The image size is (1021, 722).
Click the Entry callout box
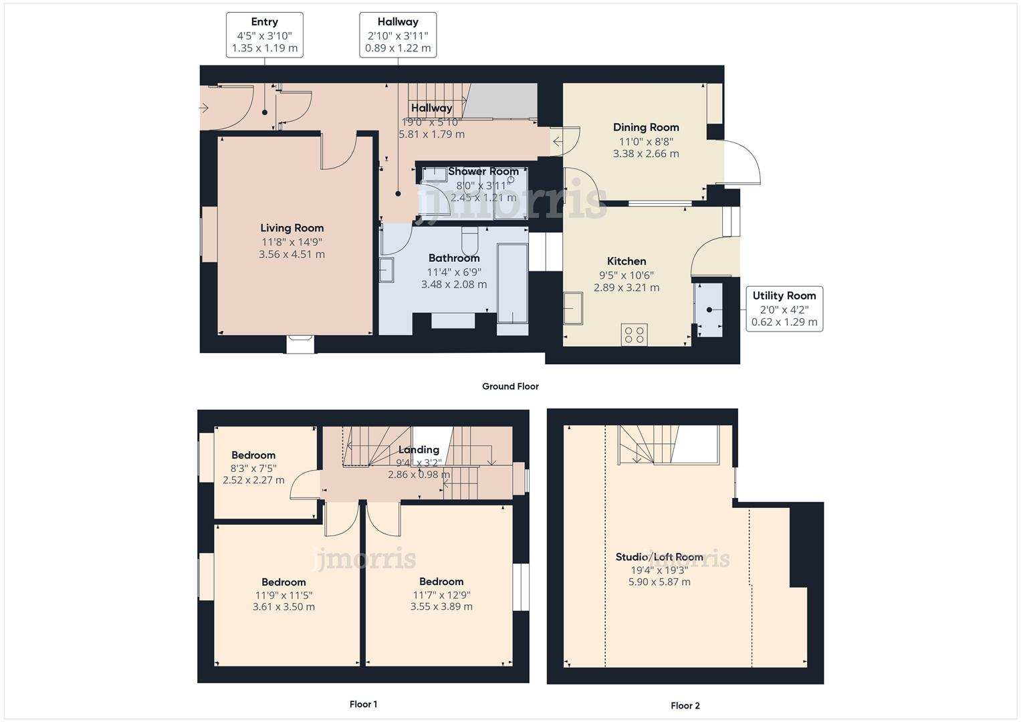264,35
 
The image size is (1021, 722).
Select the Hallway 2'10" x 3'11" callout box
398,35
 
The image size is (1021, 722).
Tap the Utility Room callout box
784,309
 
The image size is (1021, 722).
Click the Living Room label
292,228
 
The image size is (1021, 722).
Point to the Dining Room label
646,127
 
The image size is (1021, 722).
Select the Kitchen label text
627,261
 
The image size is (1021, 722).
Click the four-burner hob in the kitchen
634,335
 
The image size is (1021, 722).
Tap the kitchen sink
573,308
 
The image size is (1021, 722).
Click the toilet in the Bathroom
470,239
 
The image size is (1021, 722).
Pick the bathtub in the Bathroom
512,284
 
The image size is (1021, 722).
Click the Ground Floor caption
510,386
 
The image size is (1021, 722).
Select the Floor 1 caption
363,704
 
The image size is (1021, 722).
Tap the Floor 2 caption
685,705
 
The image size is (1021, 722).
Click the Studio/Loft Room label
659,557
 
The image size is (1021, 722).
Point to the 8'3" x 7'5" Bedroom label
253,455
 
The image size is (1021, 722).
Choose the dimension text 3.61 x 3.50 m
283,607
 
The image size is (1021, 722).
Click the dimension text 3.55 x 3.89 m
441,607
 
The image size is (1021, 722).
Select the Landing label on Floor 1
419,450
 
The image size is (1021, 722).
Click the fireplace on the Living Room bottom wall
300,344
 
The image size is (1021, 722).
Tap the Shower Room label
483,172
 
